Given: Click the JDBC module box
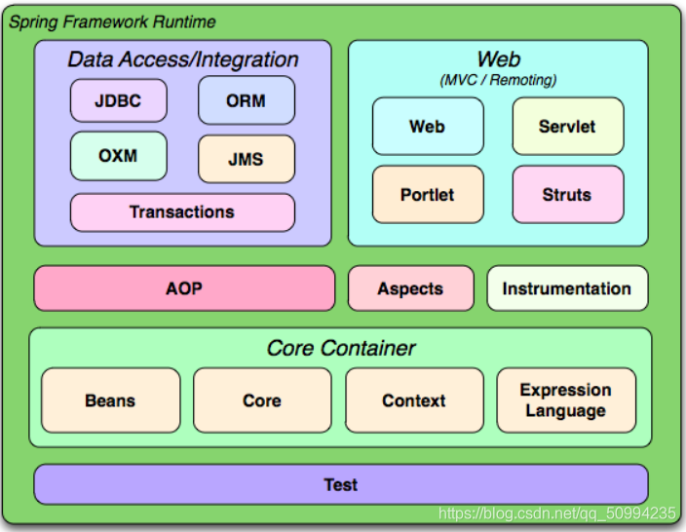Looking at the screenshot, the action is click(119, 100).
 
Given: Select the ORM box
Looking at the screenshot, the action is click(247, 100).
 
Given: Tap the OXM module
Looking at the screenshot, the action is click(119, 156).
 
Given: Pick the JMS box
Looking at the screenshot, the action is click(247, 159).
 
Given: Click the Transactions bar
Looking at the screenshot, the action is click(182, 212).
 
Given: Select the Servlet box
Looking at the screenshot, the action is click(568, 127).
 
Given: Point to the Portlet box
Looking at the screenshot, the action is click(428, 194).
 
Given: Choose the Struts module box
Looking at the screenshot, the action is click(568, 194).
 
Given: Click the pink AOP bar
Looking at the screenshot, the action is click(184, 288).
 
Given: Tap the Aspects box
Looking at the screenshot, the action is click(411, 288).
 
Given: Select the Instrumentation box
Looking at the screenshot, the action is click(567, 288).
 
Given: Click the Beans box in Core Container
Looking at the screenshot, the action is click(111, 400).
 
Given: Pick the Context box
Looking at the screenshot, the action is click(414, 400).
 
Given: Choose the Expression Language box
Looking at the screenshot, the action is click(566, 400).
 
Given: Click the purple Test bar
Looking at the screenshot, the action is click(341, 484).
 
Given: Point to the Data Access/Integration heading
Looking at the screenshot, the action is click(183, 59).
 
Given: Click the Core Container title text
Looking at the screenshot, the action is click(341, 348).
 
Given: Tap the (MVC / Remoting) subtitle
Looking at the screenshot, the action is click(498, 80).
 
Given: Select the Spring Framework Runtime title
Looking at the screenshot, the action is click(112, 21).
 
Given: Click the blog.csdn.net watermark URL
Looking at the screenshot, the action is click(557, 513).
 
